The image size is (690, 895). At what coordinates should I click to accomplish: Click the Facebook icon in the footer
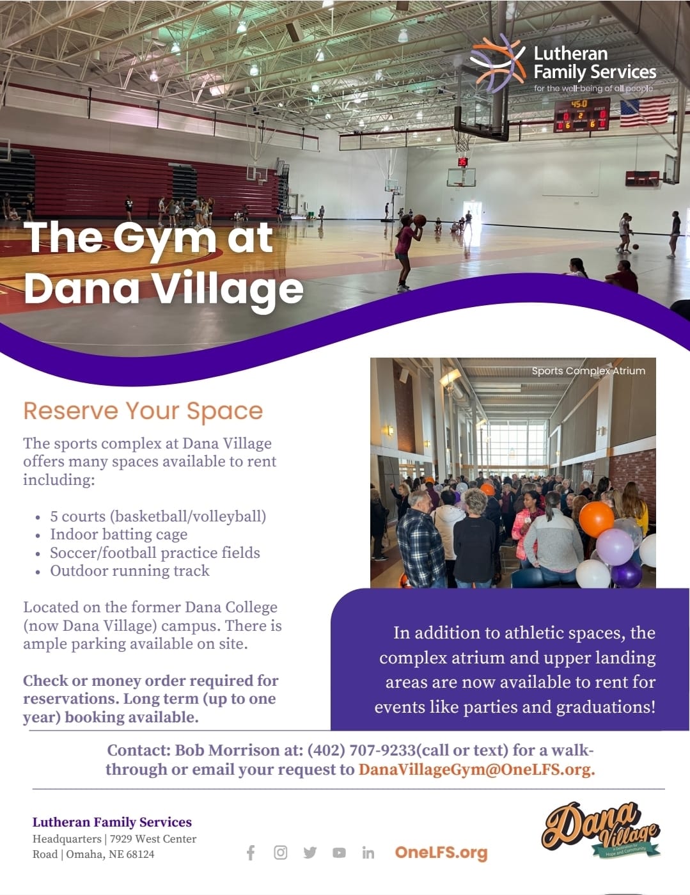pyautogui.click(x=251, y=853)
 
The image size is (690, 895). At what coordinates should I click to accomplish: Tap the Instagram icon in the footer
pyautogui.click(x=280, y=852)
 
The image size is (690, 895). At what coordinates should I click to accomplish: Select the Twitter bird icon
pyautogui.click(x=310, y=853)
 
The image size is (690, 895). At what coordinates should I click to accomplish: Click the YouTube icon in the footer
pyautogui.click(x=339, y=853)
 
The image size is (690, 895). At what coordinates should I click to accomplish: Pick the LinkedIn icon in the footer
pyautogui.click(x=368, y=853)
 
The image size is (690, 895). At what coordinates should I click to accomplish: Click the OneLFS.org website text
pyautogui.click(x=441, y=853)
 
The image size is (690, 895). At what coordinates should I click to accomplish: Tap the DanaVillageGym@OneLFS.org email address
pyautogui.click(x=477, y=770)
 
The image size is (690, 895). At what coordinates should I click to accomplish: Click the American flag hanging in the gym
pyautogui.click(x=645, y=111)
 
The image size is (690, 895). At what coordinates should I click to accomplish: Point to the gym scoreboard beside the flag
pyautogui.click(x=581, y=115)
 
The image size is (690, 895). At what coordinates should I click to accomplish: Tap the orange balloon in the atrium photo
pyautogui.click(x=596, y=519)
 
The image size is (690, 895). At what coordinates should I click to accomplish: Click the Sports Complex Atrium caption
pyautogui.click(x=588, y=370)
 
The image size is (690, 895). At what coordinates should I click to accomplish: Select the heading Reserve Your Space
pyautogui.click(x=143, y=411)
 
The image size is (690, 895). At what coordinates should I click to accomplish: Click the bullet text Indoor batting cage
pyautogui.click(x=118, y=534)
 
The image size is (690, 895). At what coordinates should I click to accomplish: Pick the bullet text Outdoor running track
pyautogui.click(x=130, y=571)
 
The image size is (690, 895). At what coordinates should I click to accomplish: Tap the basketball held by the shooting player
pyautogui.click(x=420, y=220)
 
